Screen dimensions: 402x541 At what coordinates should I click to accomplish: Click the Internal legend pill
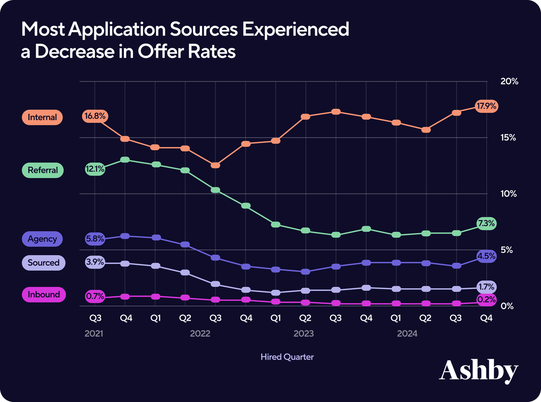click(x=42, y=118)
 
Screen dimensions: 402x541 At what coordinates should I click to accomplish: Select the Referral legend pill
click(x=42, y=171)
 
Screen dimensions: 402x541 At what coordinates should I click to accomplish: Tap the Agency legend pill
click(x=42, y=239)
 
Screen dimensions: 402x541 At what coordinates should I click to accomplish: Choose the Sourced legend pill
click(x=43, y=263)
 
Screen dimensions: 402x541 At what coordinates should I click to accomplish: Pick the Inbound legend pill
click(x=43, y=295)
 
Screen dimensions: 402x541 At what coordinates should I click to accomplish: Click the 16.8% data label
click(x=95, y=116)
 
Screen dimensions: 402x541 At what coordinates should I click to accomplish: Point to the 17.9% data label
click(x=486, y=107)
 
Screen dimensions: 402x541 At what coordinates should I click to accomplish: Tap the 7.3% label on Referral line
click(x=486, y=223)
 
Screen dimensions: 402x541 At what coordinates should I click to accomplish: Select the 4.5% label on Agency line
click(x=486, y=256)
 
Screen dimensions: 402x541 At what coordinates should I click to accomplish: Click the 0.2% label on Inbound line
click(x=486, y=299)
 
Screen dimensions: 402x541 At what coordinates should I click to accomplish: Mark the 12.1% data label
click(x=95, y=170)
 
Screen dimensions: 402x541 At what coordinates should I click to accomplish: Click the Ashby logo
click(x=478, y=371)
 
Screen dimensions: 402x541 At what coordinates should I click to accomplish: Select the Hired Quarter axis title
click(x=287, y=357)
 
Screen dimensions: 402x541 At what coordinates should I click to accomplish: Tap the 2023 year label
click(x=304, y=334)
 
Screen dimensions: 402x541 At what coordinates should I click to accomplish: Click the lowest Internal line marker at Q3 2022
click(x=215, y=166)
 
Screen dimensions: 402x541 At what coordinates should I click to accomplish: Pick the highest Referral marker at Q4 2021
click(x=125, y=160)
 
